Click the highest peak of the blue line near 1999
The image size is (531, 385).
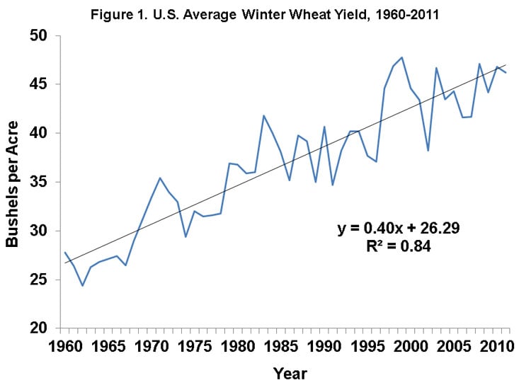pyautogui.click(x=402, y=57)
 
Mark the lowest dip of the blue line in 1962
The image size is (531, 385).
pyautogui.click(x=82, y=285)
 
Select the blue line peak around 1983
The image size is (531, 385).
pyautogui.click(x=264, y=115)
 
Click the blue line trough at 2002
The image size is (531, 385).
pyautogui.click(x=428, y=151)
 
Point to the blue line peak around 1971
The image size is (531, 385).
pyautogui.click(x=160, y=178)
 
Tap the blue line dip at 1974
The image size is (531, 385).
pyautogui.click(x=185, y=236)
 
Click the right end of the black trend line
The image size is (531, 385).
pyautogui.click(x=506, y=64)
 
